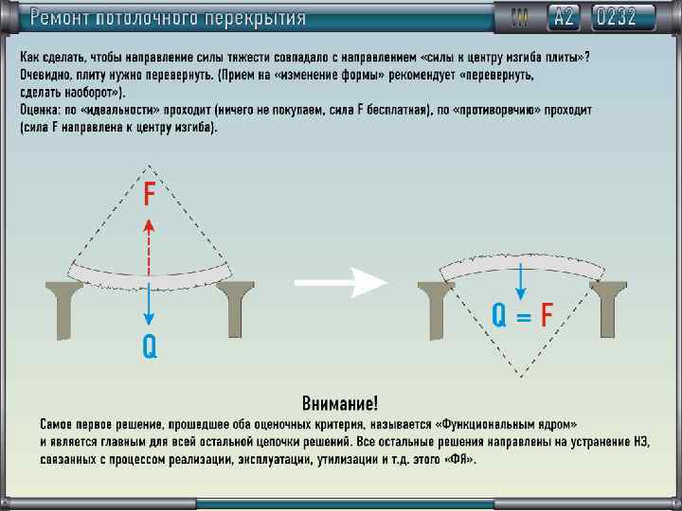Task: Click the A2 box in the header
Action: pos(564,16)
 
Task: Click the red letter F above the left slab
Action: pos(150,194)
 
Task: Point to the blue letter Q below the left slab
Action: pos(150,347)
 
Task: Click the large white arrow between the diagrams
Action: pos(341,281)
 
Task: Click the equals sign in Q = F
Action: pos(523,316)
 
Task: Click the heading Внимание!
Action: pos(339,403)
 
